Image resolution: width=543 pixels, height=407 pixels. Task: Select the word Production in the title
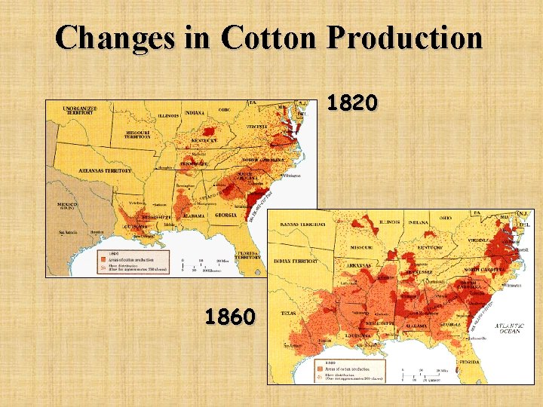(404, 38)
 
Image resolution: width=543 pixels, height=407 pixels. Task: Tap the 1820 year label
(353, 103)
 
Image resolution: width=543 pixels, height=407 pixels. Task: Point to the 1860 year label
(230, 316)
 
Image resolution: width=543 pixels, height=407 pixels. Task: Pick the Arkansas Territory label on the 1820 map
(105, 171)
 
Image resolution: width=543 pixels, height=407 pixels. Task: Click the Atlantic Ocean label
(510, 328)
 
